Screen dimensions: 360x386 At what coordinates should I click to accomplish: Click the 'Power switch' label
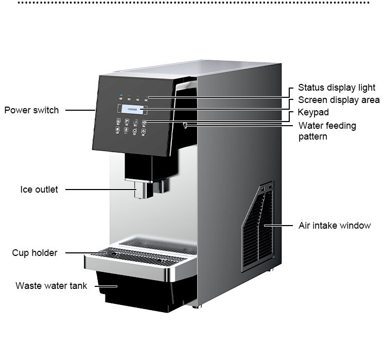(x=31, y=110)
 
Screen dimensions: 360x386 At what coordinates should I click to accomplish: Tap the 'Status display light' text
(x=337, y=88)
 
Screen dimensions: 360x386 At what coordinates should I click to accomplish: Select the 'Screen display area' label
(x=339, y=100)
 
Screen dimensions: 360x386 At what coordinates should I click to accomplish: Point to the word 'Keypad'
(x=313, y=112)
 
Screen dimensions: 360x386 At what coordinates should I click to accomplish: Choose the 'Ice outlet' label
(x=39, y=190)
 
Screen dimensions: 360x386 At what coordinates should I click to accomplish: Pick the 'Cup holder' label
(x=34, y=253)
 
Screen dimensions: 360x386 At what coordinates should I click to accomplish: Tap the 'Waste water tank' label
(x=51, y=285)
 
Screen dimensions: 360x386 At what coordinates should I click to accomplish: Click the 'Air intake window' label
(x=335, y=226)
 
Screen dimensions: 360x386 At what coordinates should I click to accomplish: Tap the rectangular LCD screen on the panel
(x=133, y=109)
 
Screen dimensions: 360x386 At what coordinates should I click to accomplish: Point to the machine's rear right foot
(x=271, y=270)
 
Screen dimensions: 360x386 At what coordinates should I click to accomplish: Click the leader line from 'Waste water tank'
(x=103, y=285)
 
